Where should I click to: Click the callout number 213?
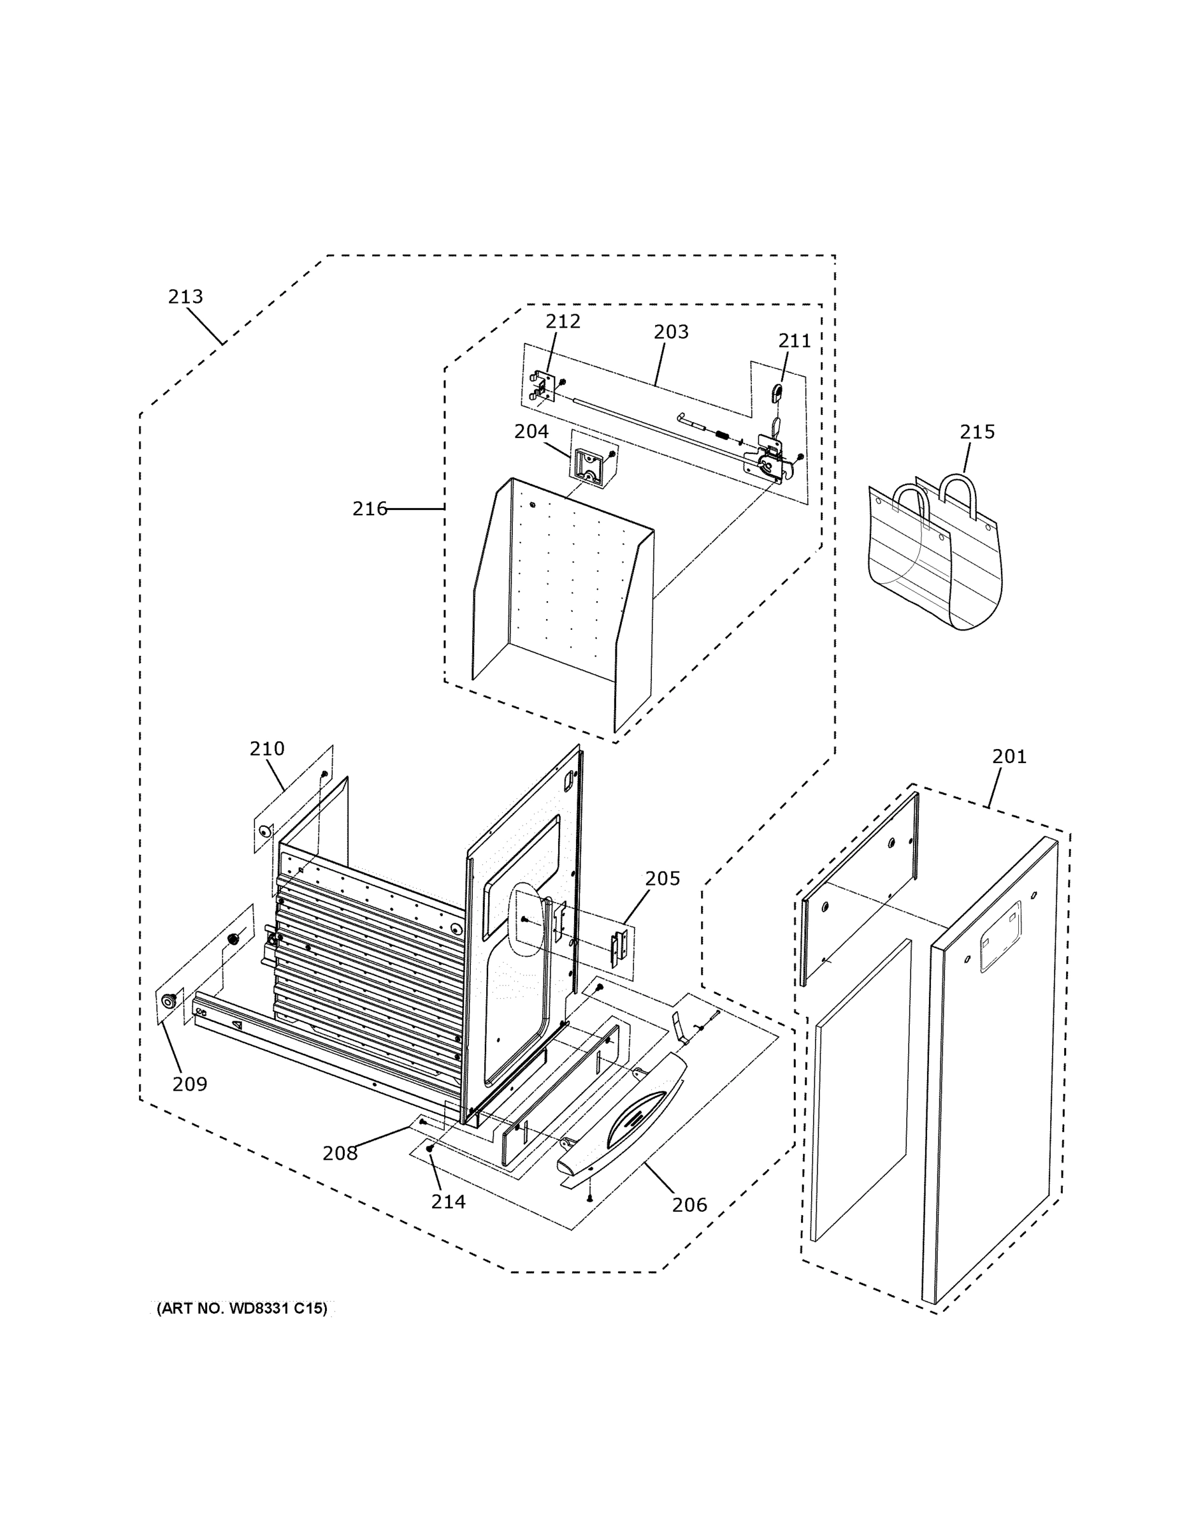tap(185, 297)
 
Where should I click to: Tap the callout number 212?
tap(563, 321)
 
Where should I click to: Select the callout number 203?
tap(671, 331)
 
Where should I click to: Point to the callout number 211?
tap(794, 341)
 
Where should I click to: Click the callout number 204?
tap(531, 432)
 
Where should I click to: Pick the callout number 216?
tap(369, 509)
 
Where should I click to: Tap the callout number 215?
tap(977, 432)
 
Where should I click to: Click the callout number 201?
tap(1009, 757)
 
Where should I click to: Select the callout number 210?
tap(267, 749)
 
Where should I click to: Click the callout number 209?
tap(190, 1084)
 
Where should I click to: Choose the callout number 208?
tap(340, 1153)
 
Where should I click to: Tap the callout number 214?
tap(448, 1202)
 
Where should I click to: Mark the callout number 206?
tap(689, 1205)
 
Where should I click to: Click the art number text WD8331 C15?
tap(241, 1309)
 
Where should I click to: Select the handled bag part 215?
tap(935, 553)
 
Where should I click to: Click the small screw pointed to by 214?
tap(430, 1149)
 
